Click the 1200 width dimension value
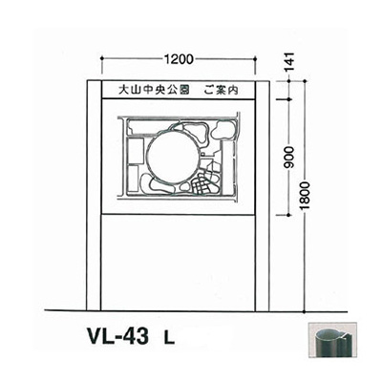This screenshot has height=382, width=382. point(180,58)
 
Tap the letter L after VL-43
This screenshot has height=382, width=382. point(166,338)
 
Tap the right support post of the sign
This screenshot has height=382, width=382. point(265,239)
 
